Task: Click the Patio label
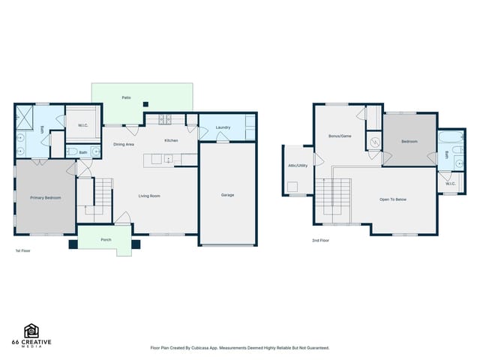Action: click(127, 97)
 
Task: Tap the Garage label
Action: click(227, 195)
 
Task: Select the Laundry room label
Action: click(223, 127)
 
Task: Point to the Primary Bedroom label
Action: click(46, 198)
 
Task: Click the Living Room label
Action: click(149, 196)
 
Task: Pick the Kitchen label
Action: click(171, 140)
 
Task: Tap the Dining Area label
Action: click(124, 144)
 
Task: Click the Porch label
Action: click(106, 240)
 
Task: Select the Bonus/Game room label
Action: click(340, 136)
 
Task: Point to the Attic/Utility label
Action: click(298, 166)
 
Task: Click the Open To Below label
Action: click(393, 199)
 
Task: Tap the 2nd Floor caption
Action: click(320, 241)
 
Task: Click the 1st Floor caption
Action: click(23, 250)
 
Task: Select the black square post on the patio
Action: click(145, 104)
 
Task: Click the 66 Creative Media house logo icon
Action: click(31, 331)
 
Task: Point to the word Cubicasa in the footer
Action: click(200, 348)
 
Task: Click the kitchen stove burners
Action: click(165, 119)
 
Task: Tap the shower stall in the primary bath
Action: click(24, 117)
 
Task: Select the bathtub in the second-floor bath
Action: click(451, 136)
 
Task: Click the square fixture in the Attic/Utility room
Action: click(292, 187)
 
